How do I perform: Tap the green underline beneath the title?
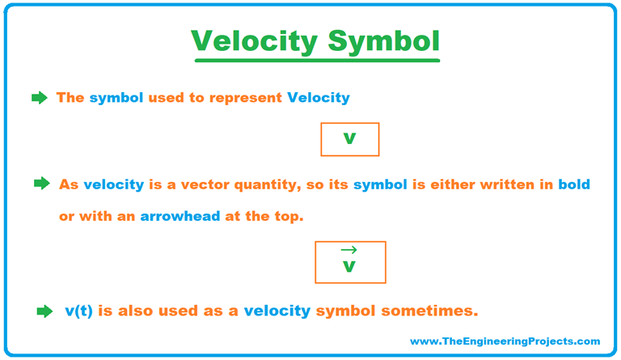tap(315, 61)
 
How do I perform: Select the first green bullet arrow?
tap(39, 98)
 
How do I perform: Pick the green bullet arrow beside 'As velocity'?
tap(42, 184)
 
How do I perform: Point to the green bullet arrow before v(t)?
tap(44, 311)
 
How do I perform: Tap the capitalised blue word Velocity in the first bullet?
tap(319, 98)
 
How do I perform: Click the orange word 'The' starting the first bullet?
tap(70, 98)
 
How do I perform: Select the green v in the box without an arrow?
tap(349, 139)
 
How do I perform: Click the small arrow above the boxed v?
tap(349, 251)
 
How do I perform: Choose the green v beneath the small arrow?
tap(349, 267)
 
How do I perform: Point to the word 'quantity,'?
tap(272, 184)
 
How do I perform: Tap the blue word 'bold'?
tap(572, 184)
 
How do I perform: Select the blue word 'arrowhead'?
tap(180, 218)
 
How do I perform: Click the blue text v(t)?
tap(78, 311)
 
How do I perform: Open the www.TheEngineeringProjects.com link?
tap(505, 341)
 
